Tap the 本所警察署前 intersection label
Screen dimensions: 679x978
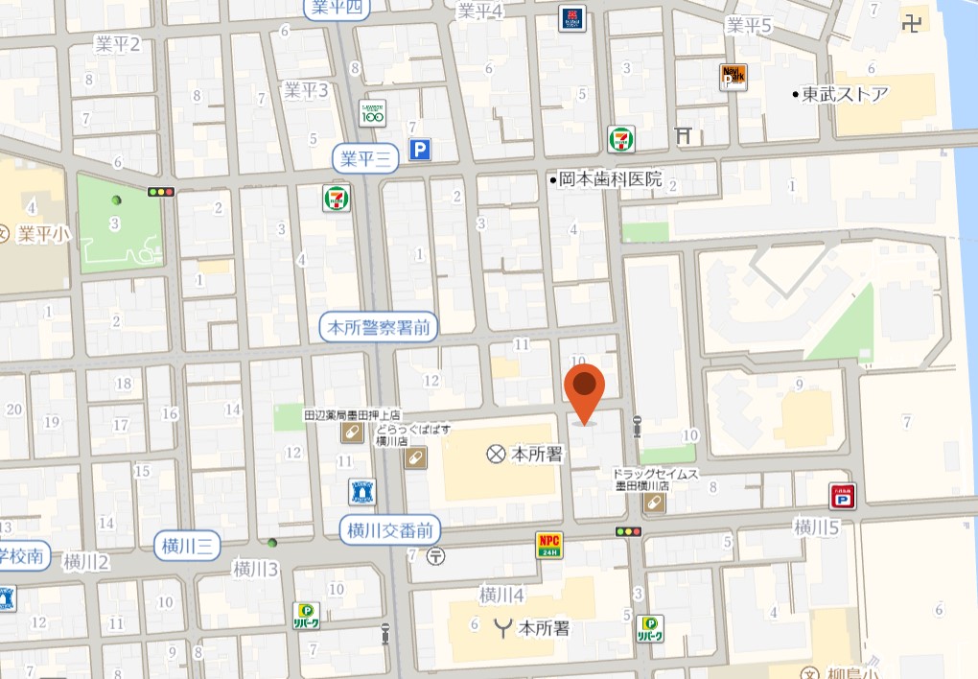click(x=378, y=328)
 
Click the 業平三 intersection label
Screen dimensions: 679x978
click(x=365, y=159)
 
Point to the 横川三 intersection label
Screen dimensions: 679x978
click(x=187, y=547)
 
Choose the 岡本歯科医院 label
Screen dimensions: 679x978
click(x=611, y=179)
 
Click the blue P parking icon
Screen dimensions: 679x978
click(x=420, y=150)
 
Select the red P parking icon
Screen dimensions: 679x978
click(x=843, y=496)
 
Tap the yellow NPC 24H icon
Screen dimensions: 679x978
click(x=548, y=545)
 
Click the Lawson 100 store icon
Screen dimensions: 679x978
click(x=372, y=113)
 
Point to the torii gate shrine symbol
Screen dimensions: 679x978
click(x=684, y=136)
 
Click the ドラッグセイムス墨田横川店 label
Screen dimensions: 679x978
click(x=657, y=480)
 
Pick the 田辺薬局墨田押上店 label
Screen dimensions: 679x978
click(x=351, y=415)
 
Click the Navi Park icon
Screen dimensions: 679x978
click(x=733, y=77)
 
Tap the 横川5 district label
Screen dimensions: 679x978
click(x=817, y=527)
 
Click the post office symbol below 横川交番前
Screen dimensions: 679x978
click(x=436, y=554)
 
